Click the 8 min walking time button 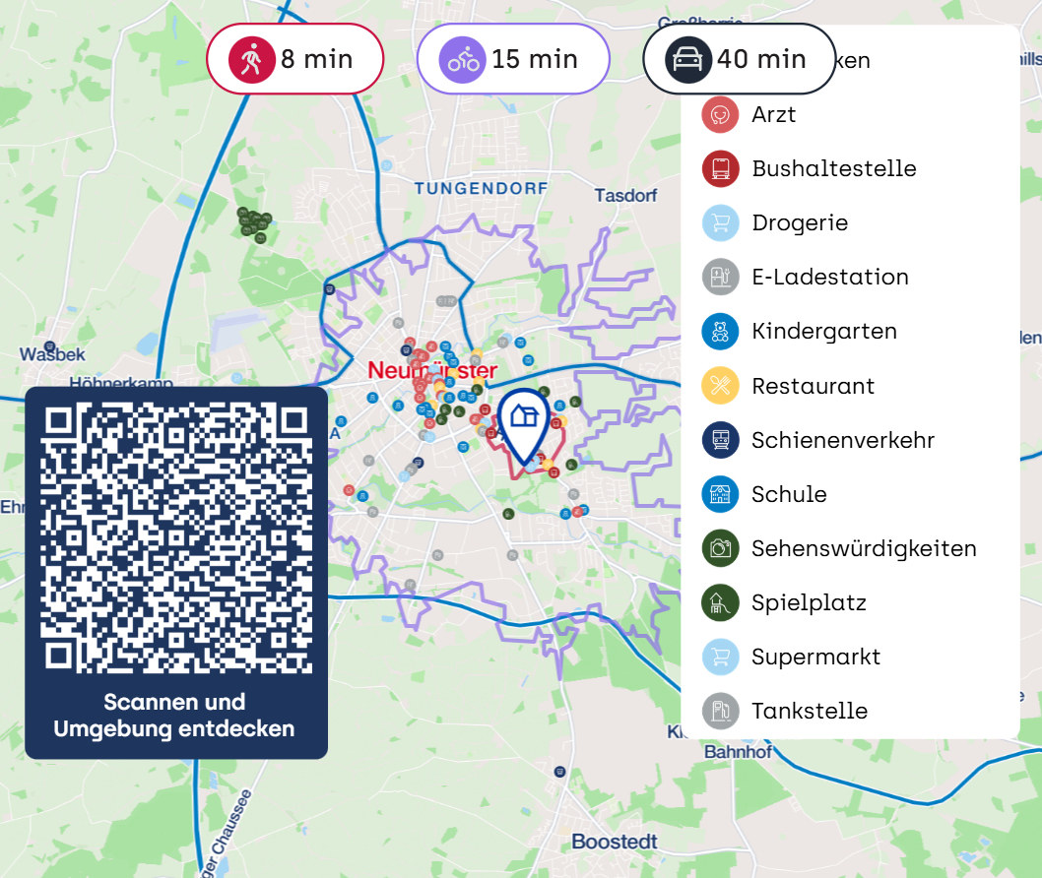coord(293,59)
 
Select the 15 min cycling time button coord(512,59)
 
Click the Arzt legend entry coord(773,114)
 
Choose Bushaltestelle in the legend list coord(833,168)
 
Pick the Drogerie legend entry coord(799,222)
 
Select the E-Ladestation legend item coord(829,277)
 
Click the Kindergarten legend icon coord(720,332)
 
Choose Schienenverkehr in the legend coord(842,440)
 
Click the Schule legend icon coord(720,494)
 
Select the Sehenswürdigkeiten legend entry coord(863,548)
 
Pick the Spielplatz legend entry coord(808,602)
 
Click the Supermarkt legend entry coord(815,657)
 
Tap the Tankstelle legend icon coord(720,711)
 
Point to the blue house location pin coord(523,420)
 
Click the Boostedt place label coord(614,843)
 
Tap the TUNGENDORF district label coord(481,187)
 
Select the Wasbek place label coord(52,354)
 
